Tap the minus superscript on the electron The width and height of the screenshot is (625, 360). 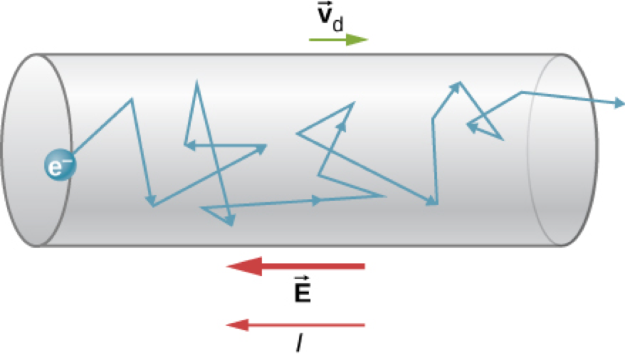pos(67,162)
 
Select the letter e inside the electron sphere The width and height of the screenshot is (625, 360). pos(57,170)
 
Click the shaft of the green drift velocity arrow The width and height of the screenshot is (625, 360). pos(326,40)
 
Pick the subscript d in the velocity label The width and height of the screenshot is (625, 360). pos(337,25)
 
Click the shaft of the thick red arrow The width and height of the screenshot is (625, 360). pos(313,266)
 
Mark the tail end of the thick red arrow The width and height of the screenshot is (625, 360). pos(363,266)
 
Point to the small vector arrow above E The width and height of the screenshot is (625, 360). pos(302,279)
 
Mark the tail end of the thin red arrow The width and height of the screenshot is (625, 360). pos(363,324)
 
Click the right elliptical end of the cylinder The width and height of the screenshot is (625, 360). pos(561,150)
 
